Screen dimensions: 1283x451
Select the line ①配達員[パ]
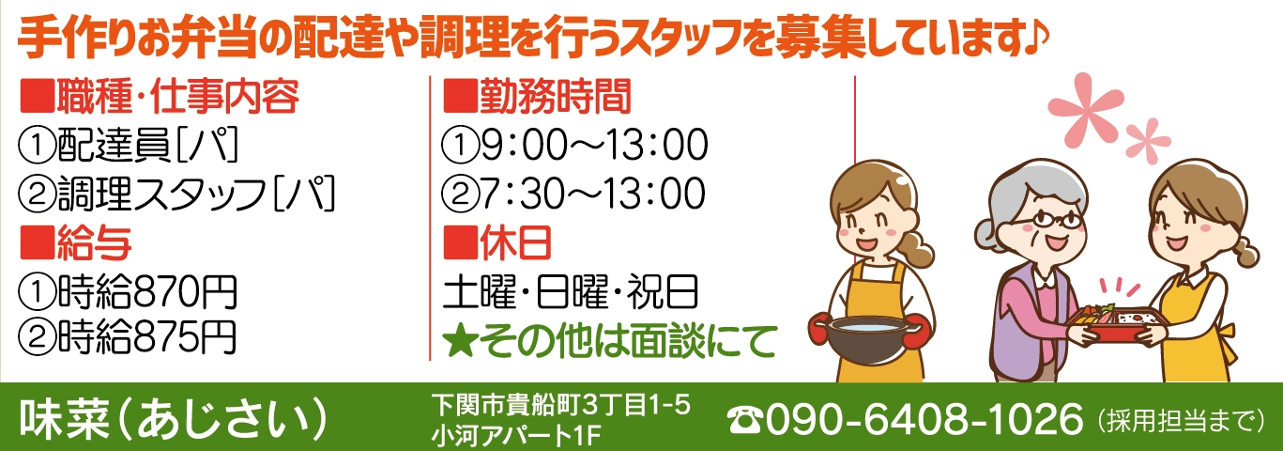(x=129, y=145)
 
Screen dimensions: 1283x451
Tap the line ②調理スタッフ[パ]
(x=177, y=194)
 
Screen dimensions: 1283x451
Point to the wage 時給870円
(x=146, y=291)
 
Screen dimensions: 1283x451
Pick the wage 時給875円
(x=146, y=337)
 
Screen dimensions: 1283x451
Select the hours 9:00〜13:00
(x=594, y=145)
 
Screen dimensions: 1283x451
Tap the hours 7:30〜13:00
(x=593, y=194)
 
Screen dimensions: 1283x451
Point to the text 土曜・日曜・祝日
(x=571, y=291)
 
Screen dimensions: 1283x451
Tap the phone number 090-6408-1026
(x=924, y=420)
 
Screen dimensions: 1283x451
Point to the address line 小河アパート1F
(x=516, y=436)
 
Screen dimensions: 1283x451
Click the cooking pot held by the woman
(x=866, y=338)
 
